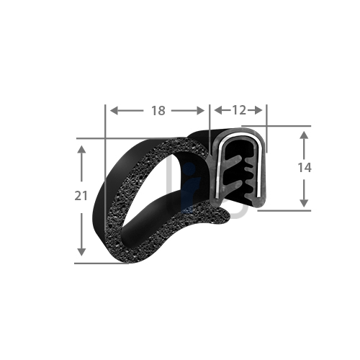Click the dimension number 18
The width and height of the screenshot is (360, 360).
[x=158, y=110]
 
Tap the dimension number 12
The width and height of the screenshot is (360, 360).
[x=238, y=110]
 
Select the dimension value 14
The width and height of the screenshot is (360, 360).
[x=305, y=168]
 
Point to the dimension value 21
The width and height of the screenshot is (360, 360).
[x=82, y=195]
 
